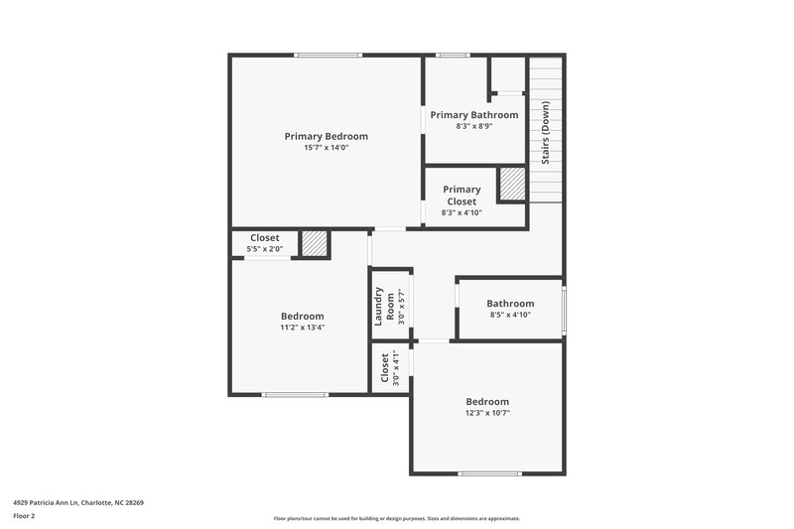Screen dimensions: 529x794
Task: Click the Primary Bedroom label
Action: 326,136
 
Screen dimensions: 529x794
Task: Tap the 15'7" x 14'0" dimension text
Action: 326,148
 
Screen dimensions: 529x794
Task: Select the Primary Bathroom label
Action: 473,115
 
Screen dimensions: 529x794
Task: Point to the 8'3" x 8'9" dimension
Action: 473,127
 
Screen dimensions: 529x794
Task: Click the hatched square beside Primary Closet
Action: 512,185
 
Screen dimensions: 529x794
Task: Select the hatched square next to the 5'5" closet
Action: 315,244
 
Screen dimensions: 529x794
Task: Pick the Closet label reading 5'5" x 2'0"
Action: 264,238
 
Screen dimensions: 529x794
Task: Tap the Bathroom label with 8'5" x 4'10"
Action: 510,304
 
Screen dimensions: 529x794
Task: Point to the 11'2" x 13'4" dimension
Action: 302,328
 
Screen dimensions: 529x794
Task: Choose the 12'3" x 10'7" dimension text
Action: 487,414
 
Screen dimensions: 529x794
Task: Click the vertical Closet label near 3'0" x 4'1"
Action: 385,368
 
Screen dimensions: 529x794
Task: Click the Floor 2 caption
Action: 25,516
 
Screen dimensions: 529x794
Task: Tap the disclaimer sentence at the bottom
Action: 396,518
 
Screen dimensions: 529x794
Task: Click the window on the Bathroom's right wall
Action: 564,310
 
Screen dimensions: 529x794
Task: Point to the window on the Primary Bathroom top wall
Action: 453,56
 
